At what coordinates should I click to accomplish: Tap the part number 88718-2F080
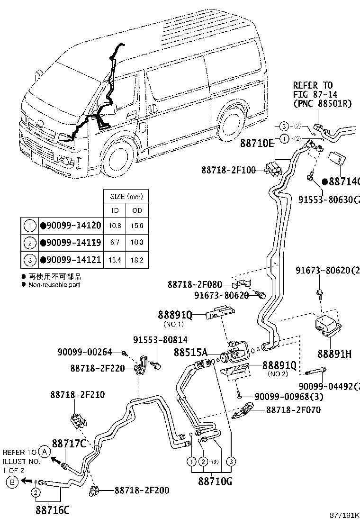click(x=194, y=284)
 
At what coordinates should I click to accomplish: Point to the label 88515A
click(x=190, y=353)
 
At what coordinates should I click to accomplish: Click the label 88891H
click(x=334, y=354)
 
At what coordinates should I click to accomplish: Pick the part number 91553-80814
click(x=160, y=340)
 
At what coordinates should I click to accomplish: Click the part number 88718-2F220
click(x=97, y=368)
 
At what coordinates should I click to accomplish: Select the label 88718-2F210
click(x=78, y=394)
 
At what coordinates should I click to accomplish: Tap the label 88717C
click(x=69, y=444)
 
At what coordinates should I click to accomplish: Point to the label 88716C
click(x=52, y=510)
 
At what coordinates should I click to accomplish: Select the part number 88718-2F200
click(x=142, y=491)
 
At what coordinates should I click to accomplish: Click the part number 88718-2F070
click(x=293, y=409)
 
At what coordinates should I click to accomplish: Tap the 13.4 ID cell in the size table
click(x=115, y=260)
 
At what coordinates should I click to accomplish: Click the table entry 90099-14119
click(x=71, y=243)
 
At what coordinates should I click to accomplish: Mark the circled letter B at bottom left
click(x=13, y=482)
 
